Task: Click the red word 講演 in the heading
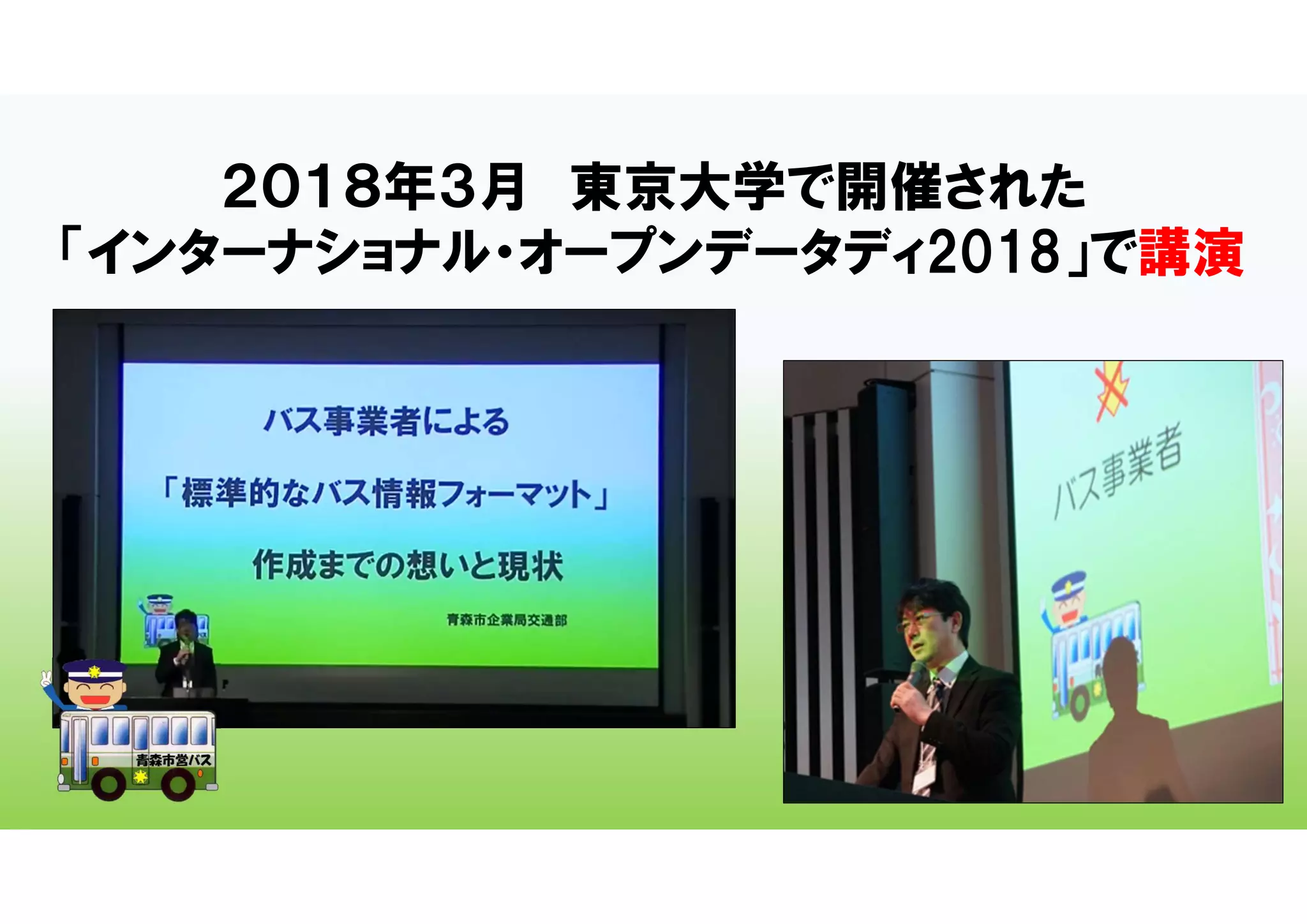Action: [x=1191, y=253]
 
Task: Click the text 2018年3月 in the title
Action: [x=374, y=187]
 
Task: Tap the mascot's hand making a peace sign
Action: [x=46, y=678]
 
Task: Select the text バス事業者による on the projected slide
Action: [x=387, y=422]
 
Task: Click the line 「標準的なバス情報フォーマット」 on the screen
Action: [x=385, y=494]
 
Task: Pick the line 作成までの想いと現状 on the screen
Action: [x=408, y=565]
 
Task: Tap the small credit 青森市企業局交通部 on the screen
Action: [x=507, y=620]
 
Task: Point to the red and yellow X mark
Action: [x=1112, y=391]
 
